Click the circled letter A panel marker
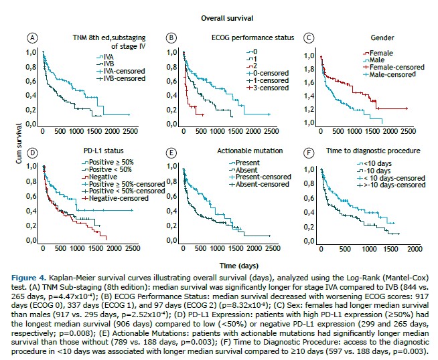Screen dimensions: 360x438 point(31,38)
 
